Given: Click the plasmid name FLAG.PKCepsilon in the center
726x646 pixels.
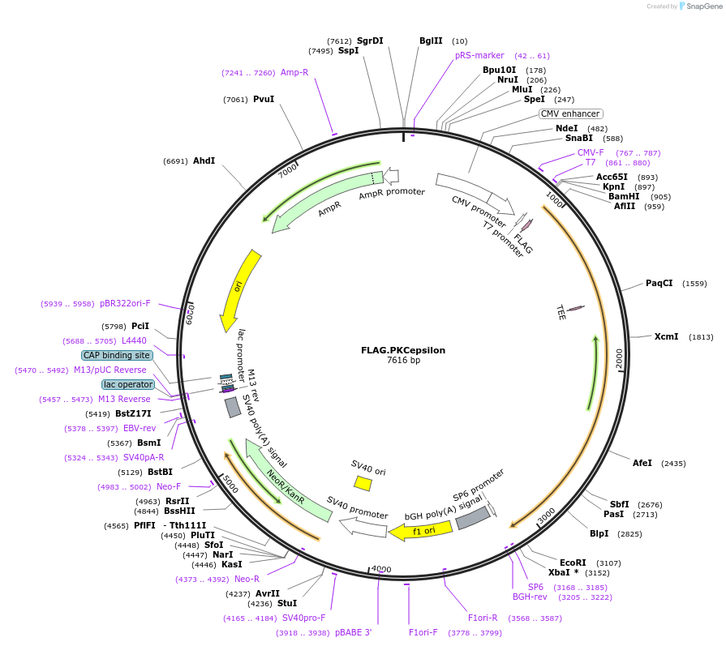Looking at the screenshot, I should click(x=403, y=350).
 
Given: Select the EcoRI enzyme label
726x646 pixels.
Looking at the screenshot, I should click(x=573, y=562).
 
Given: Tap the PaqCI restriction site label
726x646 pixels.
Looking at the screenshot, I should click(x=659, y=283).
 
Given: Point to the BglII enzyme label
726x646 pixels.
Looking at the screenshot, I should click(x=431, y=41).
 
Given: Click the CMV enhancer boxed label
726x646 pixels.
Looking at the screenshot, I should click(x=571, y=113).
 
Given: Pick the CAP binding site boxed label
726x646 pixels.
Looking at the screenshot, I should click(x=116, y=355).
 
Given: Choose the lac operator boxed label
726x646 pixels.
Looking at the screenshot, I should click(x=127, y=384).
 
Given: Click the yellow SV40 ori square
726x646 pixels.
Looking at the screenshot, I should click(x=363, y=483).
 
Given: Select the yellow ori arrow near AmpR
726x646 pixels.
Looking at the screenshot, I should click(x=240, y=288).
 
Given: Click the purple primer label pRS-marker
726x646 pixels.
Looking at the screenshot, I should click(x=479, y=56).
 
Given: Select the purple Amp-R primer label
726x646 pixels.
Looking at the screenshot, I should click(x=294, y=72).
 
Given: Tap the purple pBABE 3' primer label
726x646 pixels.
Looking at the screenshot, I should click(x=353, y=633).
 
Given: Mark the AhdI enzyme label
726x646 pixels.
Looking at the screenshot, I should click(x=204, y=160).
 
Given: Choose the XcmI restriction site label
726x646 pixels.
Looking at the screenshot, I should click(x=666, y=336).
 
